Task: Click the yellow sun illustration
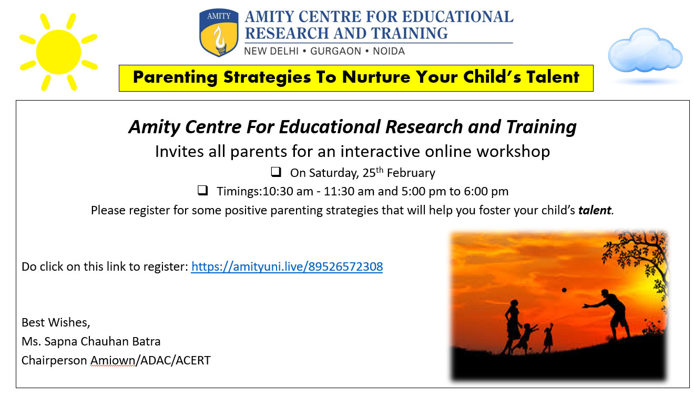[58, 52]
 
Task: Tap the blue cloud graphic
[645, 51]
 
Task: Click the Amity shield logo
[219, 32]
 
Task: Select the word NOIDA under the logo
[389, 51]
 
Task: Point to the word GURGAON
[335, 51]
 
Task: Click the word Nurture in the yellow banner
[376, 77]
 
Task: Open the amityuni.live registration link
[287, 266]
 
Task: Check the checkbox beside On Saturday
[275, 172]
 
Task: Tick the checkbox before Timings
[202, 190]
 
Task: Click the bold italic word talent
[595, 210]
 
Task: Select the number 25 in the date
[369, 173]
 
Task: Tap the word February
[411, 173]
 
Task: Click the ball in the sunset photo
[564, 290]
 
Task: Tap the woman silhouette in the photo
[513, 327]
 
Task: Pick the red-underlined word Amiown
[113, 360]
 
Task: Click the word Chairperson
[54, 361]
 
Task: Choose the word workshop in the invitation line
[513, 152]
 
